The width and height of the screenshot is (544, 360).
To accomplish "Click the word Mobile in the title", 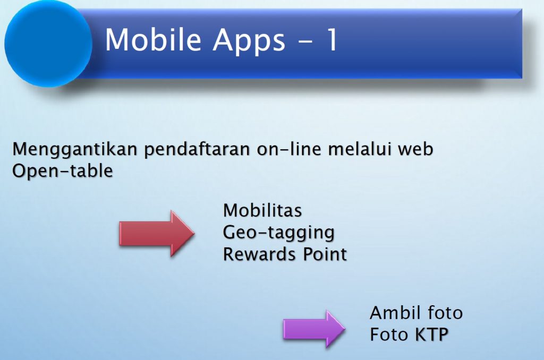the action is (153, 39).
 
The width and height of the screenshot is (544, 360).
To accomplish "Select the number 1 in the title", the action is (332, 39).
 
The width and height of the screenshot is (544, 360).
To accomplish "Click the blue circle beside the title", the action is (48, 44).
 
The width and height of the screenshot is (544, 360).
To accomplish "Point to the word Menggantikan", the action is (75, 150).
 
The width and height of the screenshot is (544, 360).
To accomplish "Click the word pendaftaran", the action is (197, 150).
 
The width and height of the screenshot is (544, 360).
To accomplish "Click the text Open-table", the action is (63, 171).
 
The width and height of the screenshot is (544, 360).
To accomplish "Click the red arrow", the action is (157, 234).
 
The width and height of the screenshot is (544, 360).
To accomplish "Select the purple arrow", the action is (314, 329).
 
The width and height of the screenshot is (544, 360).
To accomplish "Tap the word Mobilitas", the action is (262, 210).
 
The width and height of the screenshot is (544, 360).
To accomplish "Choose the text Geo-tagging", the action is (278, 233).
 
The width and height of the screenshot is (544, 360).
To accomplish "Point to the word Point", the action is (325, 254).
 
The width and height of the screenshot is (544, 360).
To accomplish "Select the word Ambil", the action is (395, 313).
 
